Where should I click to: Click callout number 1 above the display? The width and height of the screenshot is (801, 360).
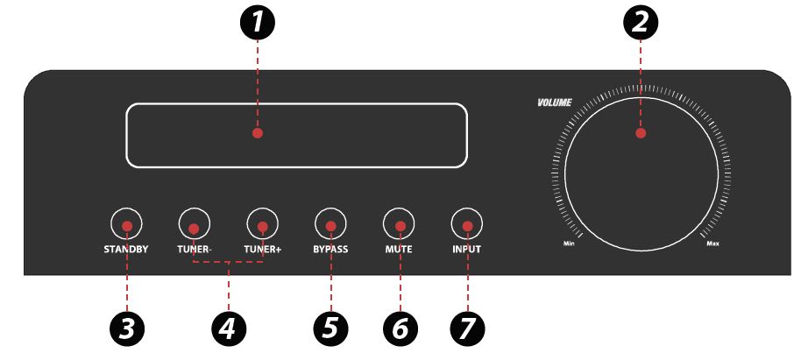tap(258, 23)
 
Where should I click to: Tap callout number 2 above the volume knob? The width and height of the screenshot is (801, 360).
tap(641, 23)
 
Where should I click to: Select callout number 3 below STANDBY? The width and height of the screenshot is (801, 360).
tap(127, 328)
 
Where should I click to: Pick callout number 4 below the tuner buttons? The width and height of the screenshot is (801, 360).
tap(229, 328)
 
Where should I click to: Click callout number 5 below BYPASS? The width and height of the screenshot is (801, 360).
tap(330, 328)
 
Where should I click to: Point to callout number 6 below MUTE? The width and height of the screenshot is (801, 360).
tap(400, 328)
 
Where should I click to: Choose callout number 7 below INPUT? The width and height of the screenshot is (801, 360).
tap(467, 328)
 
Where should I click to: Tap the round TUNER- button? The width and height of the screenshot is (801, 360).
tap(195, 223)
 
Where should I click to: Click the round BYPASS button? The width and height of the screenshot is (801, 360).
tap(330, 223)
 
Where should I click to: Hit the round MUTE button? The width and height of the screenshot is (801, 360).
tap(399, 223)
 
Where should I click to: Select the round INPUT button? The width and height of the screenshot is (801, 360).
tap(467, 223)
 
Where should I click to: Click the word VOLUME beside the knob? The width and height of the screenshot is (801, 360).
tap(554, 102)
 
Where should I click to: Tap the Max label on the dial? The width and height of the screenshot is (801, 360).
tap(713, 244)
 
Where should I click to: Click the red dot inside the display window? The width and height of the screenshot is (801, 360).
tap(258, 133)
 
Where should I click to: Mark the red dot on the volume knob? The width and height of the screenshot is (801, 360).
tap(642, 133)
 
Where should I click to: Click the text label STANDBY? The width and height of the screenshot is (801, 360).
tap(126, 250)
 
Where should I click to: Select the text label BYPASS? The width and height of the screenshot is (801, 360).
tap(330, 250)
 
